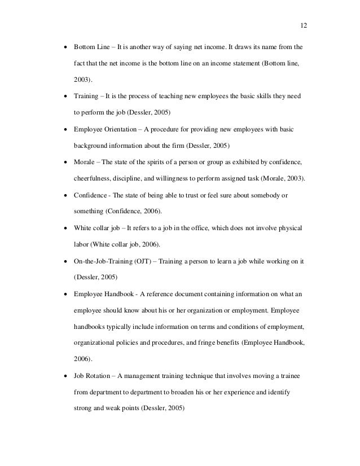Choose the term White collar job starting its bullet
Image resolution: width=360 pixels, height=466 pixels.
[98, 228]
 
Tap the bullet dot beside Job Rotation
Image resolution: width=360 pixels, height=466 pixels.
[66, 376]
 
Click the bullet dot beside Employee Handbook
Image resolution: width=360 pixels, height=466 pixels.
[66, 294]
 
